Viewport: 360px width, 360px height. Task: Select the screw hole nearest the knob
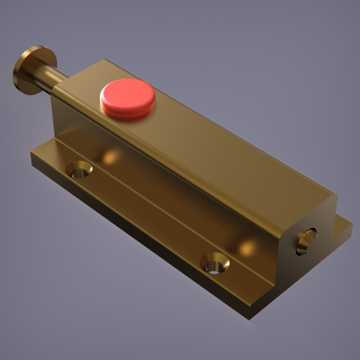pos(80,169)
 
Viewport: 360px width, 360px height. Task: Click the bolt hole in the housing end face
pos(307,241)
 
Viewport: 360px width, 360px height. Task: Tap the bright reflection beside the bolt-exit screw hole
pos(246,246)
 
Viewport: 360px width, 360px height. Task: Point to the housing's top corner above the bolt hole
pos(335,195)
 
